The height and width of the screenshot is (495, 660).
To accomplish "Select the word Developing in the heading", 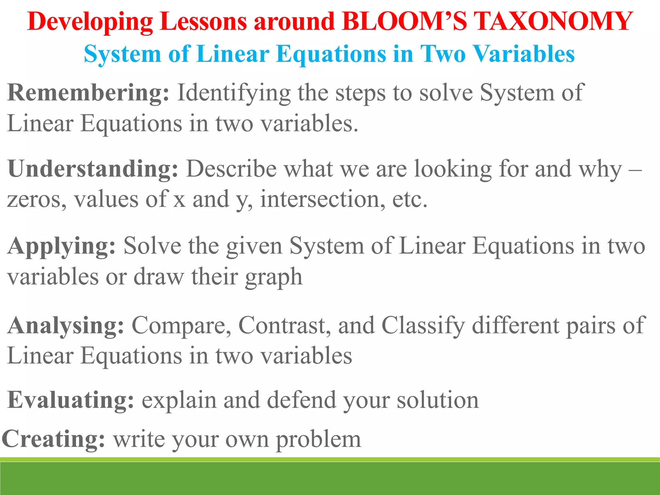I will [x=90, y=22].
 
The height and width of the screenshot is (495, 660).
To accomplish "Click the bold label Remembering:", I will [x=88, y=93].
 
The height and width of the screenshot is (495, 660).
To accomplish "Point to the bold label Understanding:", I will [x=93, y=169].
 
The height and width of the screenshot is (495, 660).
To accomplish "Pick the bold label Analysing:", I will [x=65, y=325].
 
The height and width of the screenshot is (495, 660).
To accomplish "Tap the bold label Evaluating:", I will [x=70, y=400].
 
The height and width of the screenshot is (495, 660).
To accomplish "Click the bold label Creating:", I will [x=53, y=439].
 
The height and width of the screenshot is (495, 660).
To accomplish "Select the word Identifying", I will [x=234, y=93].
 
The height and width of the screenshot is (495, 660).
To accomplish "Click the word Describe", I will [x=231, y=169].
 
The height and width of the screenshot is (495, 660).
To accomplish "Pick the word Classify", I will [x=423, y=325].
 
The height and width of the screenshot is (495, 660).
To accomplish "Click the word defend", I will [x=301, y=400].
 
